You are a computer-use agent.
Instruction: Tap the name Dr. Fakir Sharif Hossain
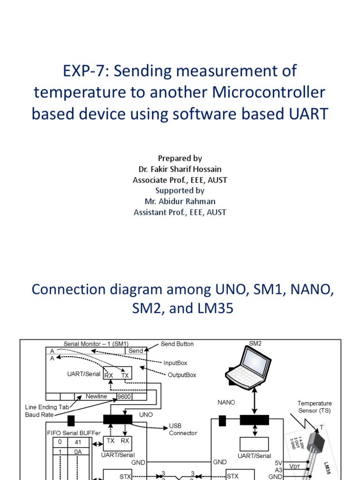coord(180,169)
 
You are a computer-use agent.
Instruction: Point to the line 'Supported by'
coord(180,190)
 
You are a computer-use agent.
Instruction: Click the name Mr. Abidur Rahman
coord(180,201)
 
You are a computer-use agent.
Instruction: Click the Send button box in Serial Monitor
coord(135,351)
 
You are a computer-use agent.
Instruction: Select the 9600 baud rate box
coord(124,397)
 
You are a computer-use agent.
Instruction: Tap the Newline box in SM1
coord(96,397)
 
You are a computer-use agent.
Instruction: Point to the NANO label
coord(226,402)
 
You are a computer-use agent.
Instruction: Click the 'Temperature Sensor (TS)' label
coord(315,406)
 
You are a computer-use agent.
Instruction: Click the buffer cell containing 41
coord(78,442)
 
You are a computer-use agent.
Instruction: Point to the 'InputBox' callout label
coord(176,362)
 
